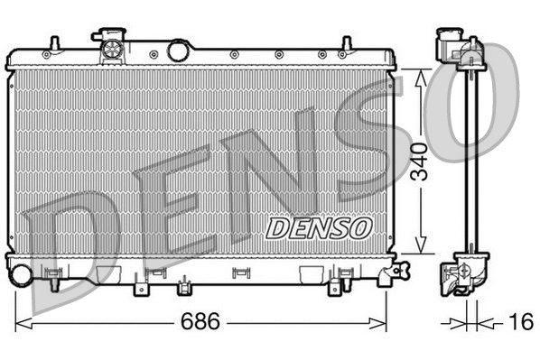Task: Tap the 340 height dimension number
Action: (x=418, y=162)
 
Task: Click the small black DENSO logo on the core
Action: (x=317, y=226)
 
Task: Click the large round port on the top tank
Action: (x=179, y=50)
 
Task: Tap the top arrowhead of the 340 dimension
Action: (x=419, y=76)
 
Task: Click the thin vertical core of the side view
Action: (x=469, y=162)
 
